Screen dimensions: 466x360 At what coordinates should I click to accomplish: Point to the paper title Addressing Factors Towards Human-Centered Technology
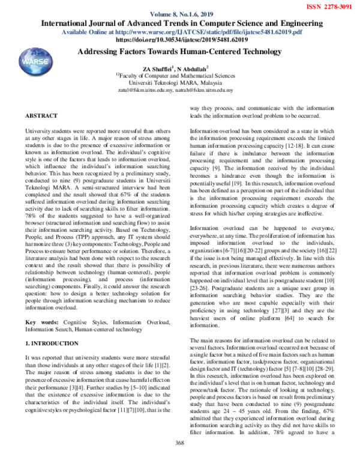(x=179, y=53)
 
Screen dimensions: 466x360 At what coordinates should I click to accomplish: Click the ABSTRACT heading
(x=41, y=115)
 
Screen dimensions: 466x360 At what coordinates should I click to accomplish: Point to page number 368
(x=178, y=459)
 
